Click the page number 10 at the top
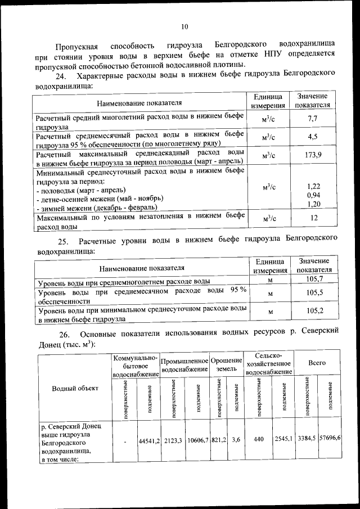(x=184, y=26)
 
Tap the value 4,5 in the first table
(x=313, y=137)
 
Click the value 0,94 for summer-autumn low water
(x=313, y=195)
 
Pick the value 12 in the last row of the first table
(x=314, y=218)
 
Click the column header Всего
(x=317, y=363)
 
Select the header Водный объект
(x=75, y=388)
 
